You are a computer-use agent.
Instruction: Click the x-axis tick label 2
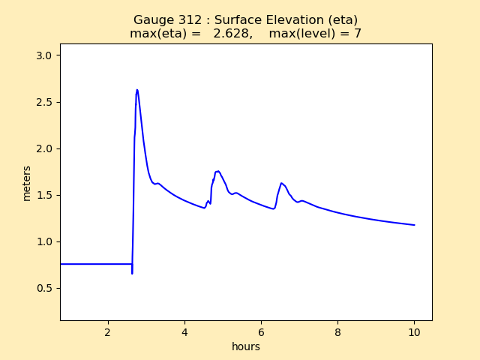tap(107, 332)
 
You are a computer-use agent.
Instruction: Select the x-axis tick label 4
tap(184, 332)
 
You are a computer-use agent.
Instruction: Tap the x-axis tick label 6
tap(261, 332)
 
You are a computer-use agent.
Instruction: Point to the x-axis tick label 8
tap(337, 332)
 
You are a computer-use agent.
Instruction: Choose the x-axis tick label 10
tap(414, 332)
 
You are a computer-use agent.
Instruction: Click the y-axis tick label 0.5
tap(45, 288)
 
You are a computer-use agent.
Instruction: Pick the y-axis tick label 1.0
tap(45, 241)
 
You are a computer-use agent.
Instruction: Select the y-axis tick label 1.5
tap(45, 195)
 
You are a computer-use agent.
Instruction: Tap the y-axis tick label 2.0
tap(45, 148)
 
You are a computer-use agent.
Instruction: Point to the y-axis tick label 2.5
tap(45, 102)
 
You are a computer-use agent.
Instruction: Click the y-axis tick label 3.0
tap(45, 55)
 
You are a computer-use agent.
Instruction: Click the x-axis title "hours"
tap(246, 346)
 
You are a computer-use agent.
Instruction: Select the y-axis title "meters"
tap(27, 182)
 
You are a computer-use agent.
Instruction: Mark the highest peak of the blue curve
tap(137, 90)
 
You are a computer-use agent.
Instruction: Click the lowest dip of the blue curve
tap(132, 273)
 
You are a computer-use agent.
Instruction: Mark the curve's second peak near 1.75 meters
tap(217, 171)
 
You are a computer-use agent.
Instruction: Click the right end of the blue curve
tap(414, 225)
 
